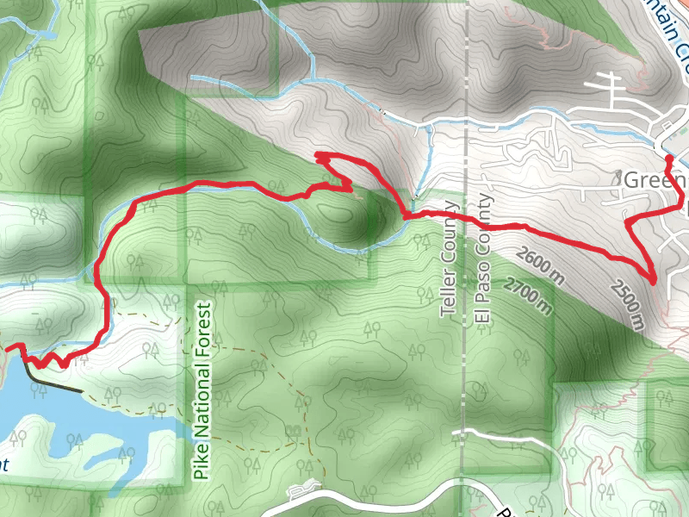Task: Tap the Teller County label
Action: (x=448, y=259)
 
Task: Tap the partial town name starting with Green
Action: (x=655, y=181)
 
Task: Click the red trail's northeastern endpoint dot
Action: (x=669, y=159)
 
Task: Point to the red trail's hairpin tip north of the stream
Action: (x=320, y=156)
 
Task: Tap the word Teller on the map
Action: (x=448, y=294)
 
